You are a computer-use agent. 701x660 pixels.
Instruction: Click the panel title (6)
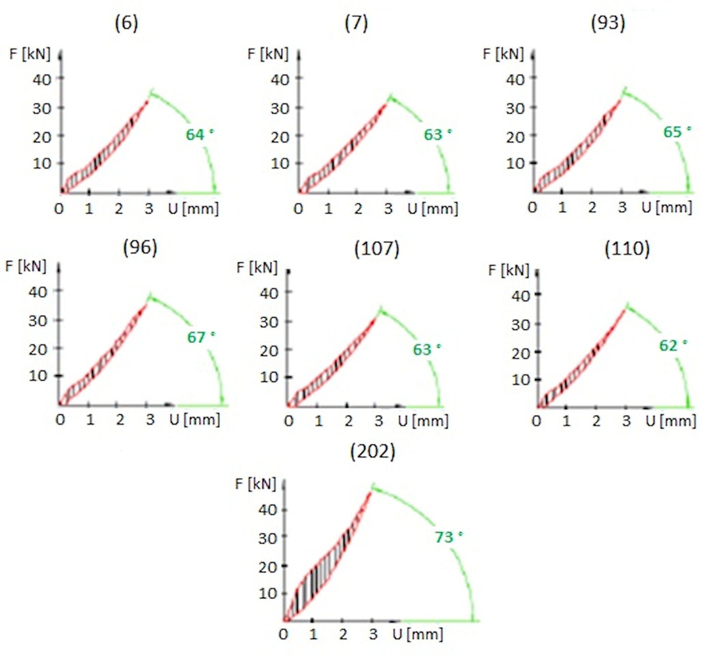pyautogui.click(x=126, y=24)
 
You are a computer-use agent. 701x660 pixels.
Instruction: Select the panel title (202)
pyautogui.click(x=372, y=452)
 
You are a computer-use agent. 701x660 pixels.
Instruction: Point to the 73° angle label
pyautogui.click(x=448, y=537)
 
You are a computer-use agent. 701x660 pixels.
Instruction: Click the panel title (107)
pyautogui.click(x=376, y=249)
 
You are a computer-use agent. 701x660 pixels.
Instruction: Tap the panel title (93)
pyautogui.click(x=608, y=23)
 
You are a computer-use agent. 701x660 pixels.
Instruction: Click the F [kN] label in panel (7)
pyautogui.click(x=268, y=54)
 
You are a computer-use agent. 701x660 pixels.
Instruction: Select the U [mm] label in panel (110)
pyautogui.click(x=670, y=420)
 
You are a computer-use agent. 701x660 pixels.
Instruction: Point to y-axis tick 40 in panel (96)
pyautogui.click(x=38, y=291)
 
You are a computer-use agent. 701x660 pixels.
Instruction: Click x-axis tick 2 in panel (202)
pyautogui.click(x=343, y=634)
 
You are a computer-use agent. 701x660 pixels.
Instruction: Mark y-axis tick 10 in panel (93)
pyautogui.click(x=515, y=163)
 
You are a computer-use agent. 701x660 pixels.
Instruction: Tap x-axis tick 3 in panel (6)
pyautogui.click(x=149, y=208)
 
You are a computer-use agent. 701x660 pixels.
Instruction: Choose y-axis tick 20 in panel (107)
pyautogui.click(x=269, y=351)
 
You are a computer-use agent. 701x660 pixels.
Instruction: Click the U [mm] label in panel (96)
pyautogui.click(x=194, y=419)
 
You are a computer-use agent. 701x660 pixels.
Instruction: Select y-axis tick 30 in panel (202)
pyautogui.click(x=268, y=538)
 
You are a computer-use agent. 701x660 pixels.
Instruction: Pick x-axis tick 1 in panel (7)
pyautogui.click(x=328, y=209)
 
